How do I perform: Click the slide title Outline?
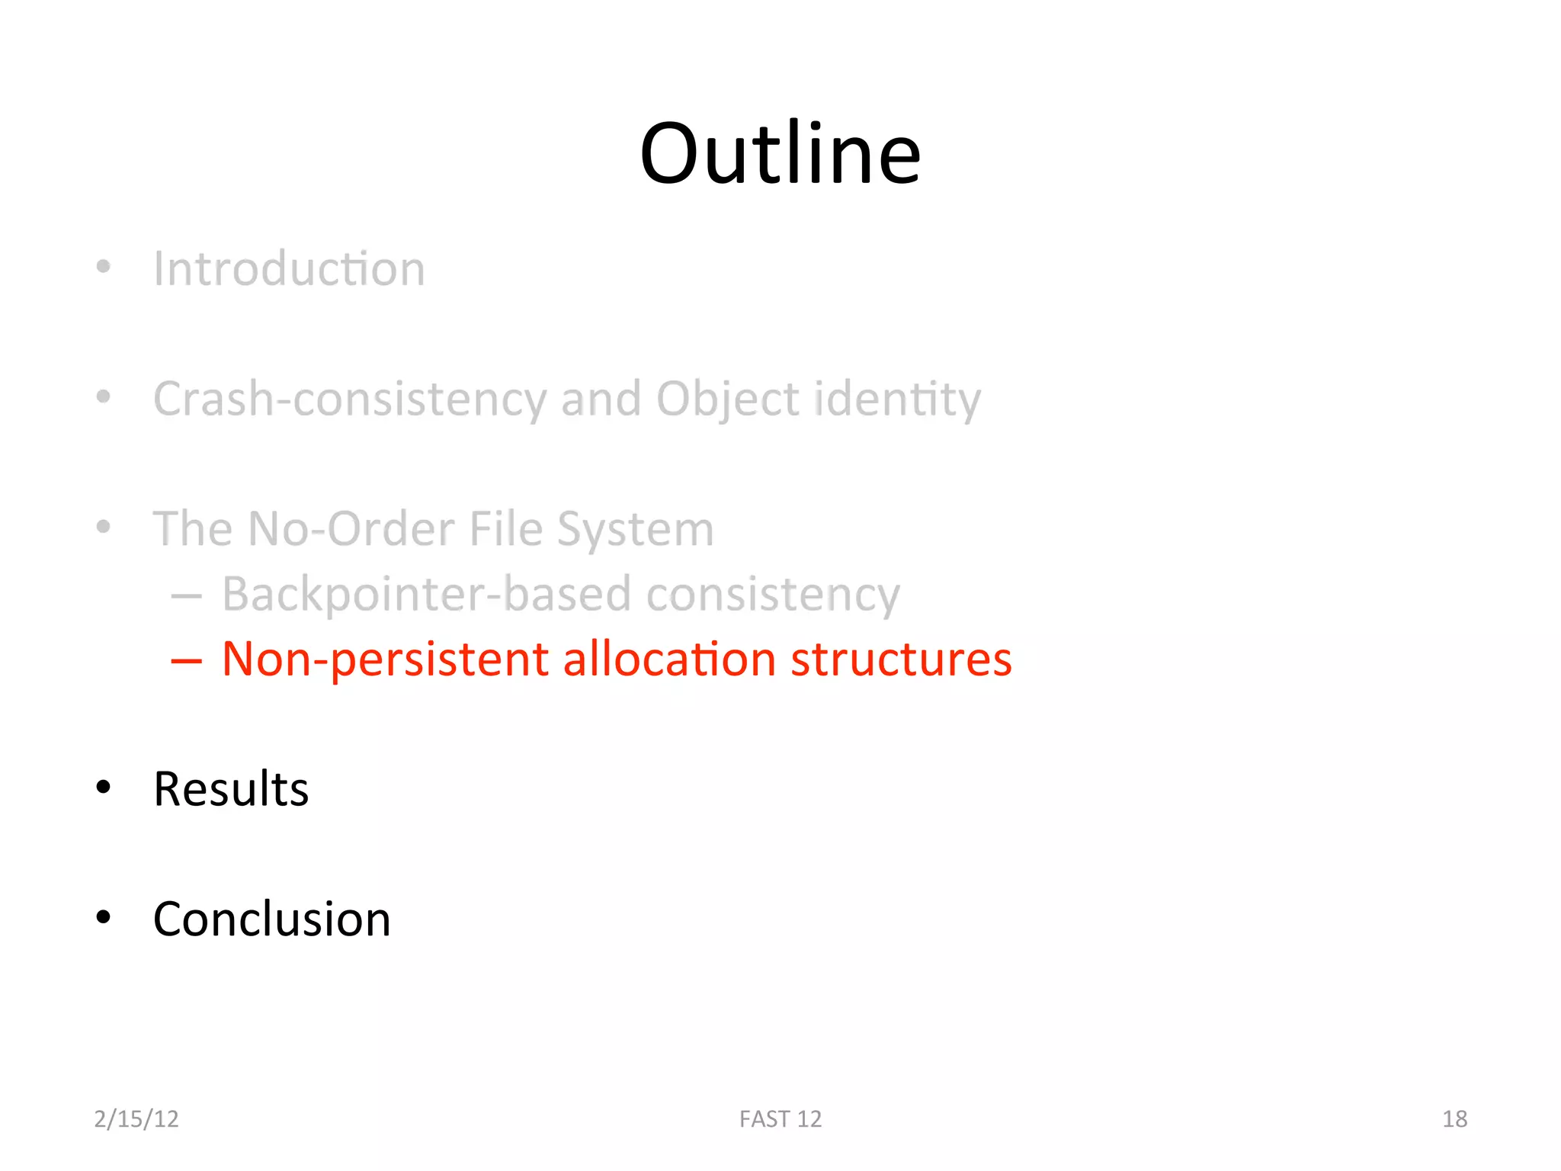(780, 154)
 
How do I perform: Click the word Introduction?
(289, 269)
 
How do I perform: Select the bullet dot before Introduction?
(104, 267)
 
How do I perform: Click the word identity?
(897, 399)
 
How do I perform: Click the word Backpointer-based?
(427, 594)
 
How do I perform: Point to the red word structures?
(901, 659)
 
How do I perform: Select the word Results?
(231, 789)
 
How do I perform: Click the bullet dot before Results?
(104, 788)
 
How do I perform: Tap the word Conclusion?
(271, 919)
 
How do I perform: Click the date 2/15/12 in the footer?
(136, 1118)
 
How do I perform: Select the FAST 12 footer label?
(780, 1118)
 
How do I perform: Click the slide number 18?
(1454, 1118)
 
